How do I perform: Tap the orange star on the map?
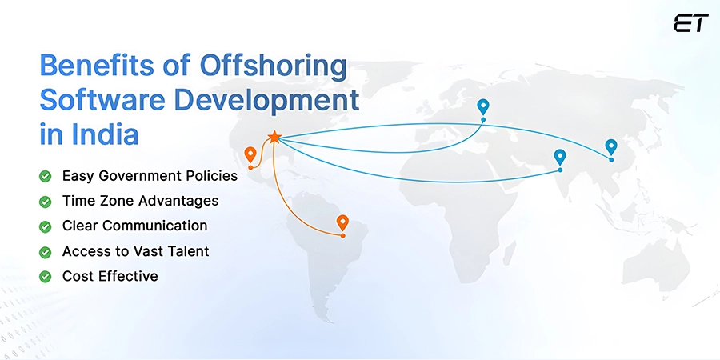[x=274, y=138]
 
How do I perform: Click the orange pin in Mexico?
[x=250, y=154]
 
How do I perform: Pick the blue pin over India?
[x=560, y=157]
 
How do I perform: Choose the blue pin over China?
[x=611, y=147]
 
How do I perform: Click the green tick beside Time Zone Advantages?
[x=46, y=201]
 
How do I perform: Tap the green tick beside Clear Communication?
[x=46, y=226]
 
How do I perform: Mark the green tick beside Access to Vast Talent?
[x=46, y=252]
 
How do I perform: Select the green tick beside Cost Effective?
[x=46, y=277]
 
